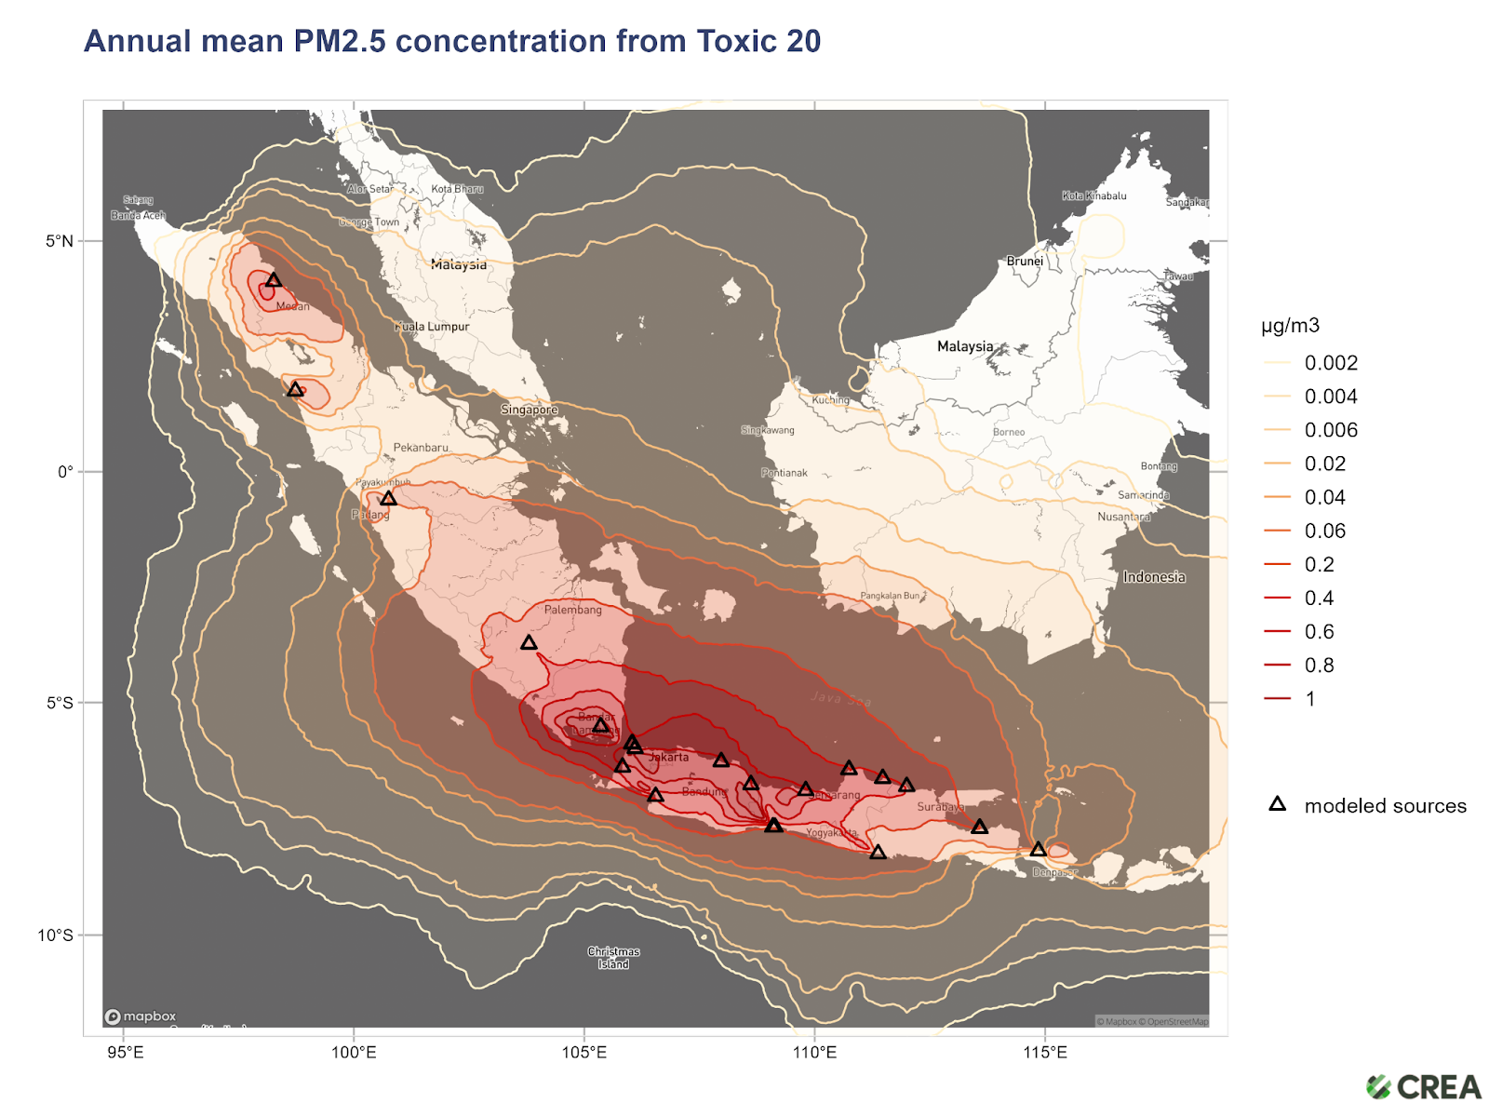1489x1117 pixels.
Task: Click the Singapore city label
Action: [x=530, y=410]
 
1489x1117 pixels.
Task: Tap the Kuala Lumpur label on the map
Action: [x=433, y=327]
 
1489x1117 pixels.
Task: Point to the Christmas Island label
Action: [x=613, y=958]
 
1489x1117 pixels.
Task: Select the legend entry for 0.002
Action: [x=1330, y=363]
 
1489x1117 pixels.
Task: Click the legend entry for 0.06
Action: [x=1324, y=531]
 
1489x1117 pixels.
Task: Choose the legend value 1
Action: [x=1310, y=699]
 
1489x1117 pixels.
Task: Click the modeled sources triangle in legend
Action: [x=1278, y=804]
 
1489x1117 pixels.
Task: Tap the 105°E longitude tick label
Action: [x=584, y=1053]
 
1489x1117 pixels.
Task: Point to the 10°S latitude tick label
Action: [x=55, y=935]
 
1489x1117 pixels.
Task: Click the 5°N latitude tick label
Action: [x=59, y=241]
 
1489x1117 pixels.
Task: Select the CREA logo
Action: [x=1424, y=1086]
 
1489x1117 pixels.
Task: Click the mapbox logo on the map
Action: [x=141, y=1016]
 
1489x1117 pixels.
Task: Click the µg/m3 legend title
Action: [x=1290, y=326]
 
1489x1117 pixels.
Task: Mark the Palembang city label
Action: [x=572, y=610]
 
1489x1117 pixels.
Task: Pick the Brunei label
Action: [x=1025, y=262]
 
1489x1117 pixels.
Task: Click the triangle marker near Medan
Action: [x=274, y=280]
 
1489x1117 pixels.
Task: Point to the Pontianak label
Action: [x=785, y=473]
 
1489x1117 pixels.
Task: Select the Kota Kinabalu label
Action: [x=1094, y=195]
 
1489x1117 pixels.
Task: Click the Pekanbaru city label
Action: [x=421, y=448]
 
